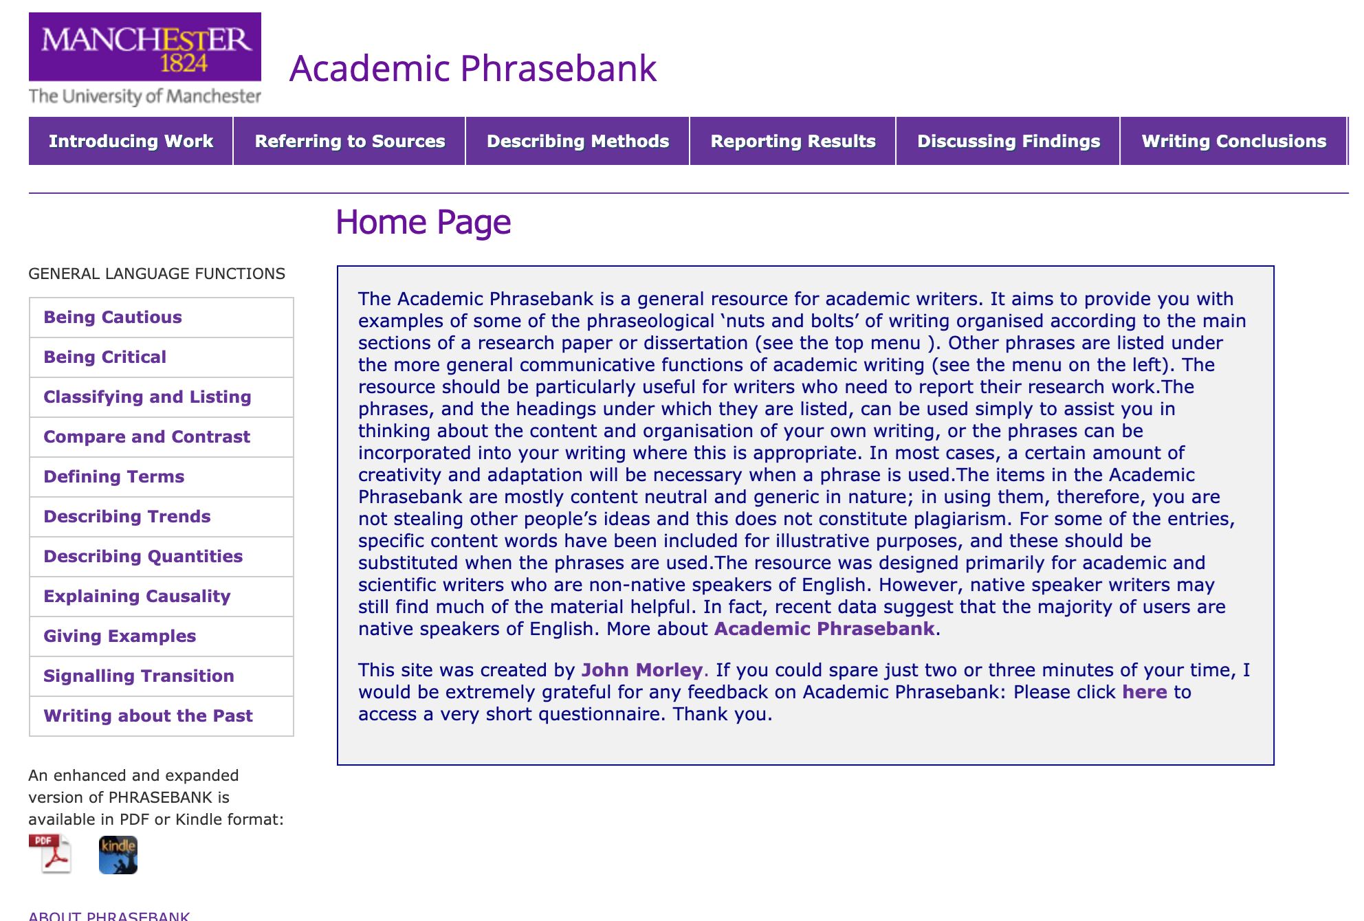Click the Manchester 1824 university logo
[x=144, y=59]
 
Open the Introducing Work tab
[x=131, y=141]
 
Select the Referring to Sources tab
[x=350, y=141]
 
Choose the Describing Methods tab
[x=577, y=141]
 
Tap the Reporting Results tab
[x=793, y=141]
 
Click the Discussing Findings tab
[x=1009, y=141]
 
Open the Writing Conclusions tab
[x=1233, y=141]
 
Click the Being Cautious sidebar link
[x=113, y=318]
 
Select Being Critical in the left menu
[x=105, y=357]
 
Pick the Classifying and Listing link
[x=147, y=397]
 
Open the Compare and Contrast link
[x=146, y=437]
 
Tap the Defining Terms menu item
[x=114, y=477]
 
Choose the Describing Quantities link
[x=143, y=557]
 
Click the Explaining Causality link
[x=137, y=597]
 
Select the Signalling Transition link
[x=139, y=676]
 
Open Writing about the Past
[x=148, y=716]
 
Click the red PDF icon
[x=50, y=854]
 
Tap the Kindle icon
[x=118, y=855]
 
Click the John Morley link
[x=642, y=670]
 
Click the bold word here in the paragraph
[x=1145, y=692]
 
